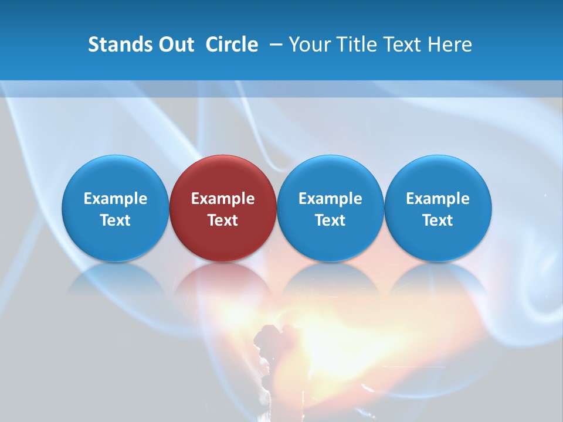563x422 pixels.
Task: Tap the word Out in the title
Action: pyautogui.click(x=175, y=45)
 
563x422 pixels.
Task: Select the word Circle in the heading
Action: pyautogui.click(x=232, y=45)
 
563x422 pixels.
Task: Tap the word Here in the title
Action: pyautogui.click(x=452, y=45)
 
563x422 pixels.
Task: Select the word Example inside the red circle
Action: pyautogui.click(x=223, y=199)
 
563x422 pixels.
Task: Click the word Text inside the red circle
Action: pyautogui.click(x=223, y=220)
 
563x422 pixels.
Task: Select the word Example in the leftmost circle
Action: pyautogui.click(x=116, y=199)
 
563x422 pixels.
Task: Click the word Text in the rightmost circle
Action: pyautogui.click(x=438, y=220)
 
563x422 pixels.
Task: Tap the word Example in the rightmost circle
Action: pyautogui.click(x=438, y=199)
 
